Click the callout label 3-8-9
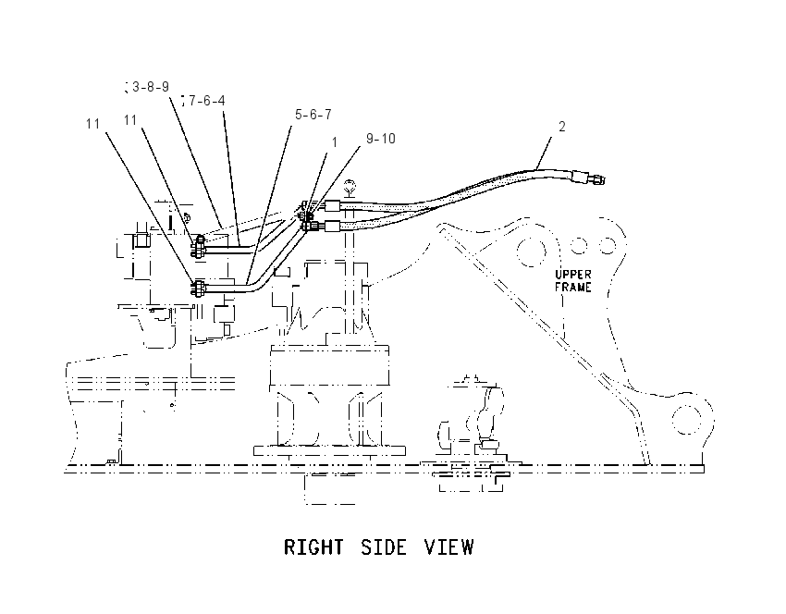[x=151, y=87]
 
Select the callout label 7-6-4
[x=206, y=101]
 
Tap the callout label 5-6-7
[x=313, y=115]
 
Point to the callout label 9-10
[x=381, y=139]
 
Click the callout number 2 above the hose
[x=562, y=127]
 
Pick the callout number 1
[x=335, y=142]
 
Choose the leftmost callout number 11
[x=92, y=124]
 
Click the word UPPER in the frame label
[x=573, y=275]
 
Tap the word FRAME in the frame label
[x=573, y=288]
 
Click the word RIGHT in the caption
[x=313, y=547]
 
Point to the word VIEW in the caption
[x=449, y=547]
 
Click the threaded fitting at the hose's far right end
[x=596, y=179]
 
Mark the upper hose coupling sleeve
[x=333, y=205]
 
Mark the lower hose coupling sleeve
[x=333, y=226]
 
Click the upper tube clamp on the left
[x=199, y=247]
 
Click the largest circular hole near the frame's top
[x=532, y=252]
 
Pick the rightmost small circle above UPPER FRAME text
[x=608, y=246]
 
